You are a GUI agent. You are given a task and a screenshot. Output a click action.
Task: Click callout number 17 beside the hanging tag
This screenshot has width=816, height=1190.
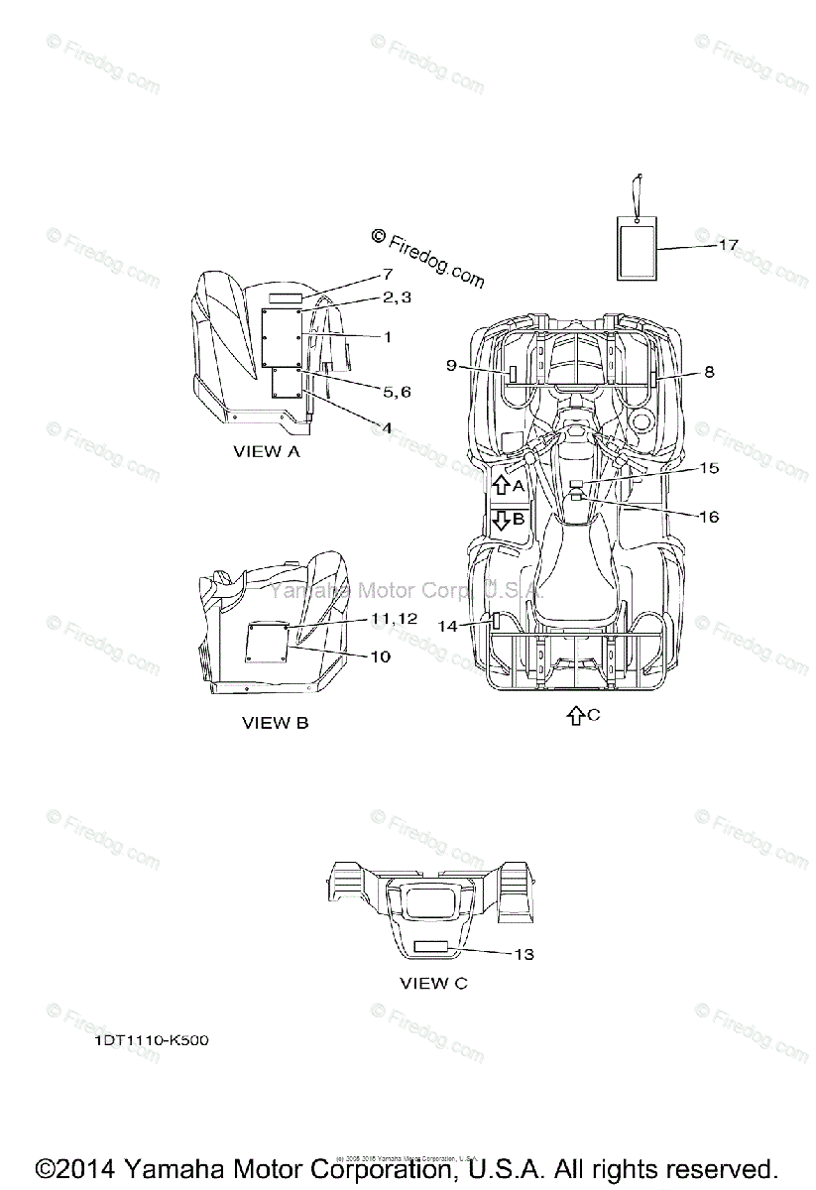(x=728, y=244)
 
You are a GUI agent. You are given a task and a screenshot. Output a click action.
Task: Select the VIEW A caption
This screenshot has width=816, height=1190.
(x=266, y=451)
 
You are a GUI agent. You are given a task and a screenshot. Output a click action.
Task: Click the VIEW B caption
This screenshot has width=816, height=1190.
(x=275, y=723)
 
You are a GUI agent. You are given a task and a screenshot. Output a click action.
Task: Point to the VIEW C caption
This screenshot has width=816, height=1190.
(x=433, y=984)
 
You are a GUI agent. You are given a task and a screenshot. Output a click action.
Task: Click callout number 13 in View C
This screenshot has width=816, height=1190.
(x=524, y=954)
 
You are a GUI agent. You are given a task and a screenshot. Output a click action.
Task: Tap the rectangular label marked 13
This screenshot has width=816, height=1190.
(x=433, y=948)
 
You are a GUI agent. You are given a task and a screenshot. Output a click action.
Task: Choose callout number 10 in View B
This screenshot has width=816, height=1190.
(x=380, y=656)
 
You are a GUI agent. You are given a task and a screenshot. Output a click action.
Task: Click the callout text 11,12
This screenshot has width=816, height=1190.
(x=395, y=618)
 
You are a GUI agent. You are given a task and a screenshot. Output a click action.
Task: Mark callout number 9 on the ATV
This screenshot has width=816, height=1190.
(x=451, y=366)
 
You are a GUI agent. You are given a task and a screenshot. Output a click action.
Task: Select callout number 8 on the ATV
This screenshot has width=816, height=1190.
(x=709, y=372)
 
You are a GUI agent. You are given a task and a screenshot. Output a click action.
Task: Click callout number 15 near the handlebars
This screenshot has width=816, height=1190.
(x=708, y=467)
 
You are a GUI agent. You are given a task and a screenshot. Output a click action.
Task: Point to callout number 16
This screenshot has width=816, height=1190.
(x=708, y=517)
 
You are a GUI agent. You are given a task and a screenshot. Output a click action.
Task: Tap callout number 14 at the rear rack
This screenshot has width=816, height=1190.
(x=448, y=626)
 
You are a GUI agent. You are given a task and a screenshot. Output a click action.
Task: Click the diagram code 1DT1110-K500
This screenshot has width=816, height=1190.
(x=152, y=1041)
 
